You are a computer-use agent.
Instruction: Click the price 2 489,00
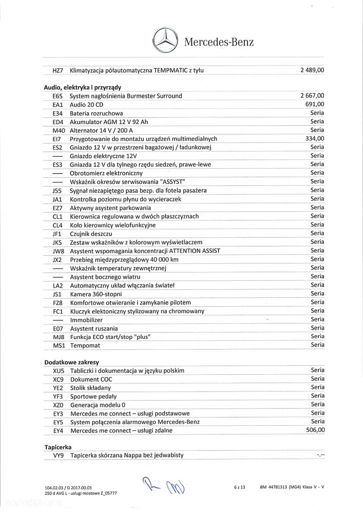click(x=312, y=70)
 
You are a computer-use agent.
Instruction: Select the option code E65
click(x=58, y=96)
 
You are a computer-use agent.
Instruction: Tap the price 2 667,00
click(x=312, y=96)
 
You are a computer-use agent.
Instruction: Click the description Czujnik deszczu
click(x=91, y=233)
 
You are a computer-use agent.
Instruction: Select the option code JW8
click(x=58, y=251)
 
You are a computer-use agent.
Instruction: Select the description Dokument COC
click(x=91, y=379)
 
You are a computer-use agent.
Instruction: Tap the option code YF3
click(x=58, y=396)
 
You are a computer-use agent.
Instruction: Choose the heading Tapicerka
click(x=58, y=447)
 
